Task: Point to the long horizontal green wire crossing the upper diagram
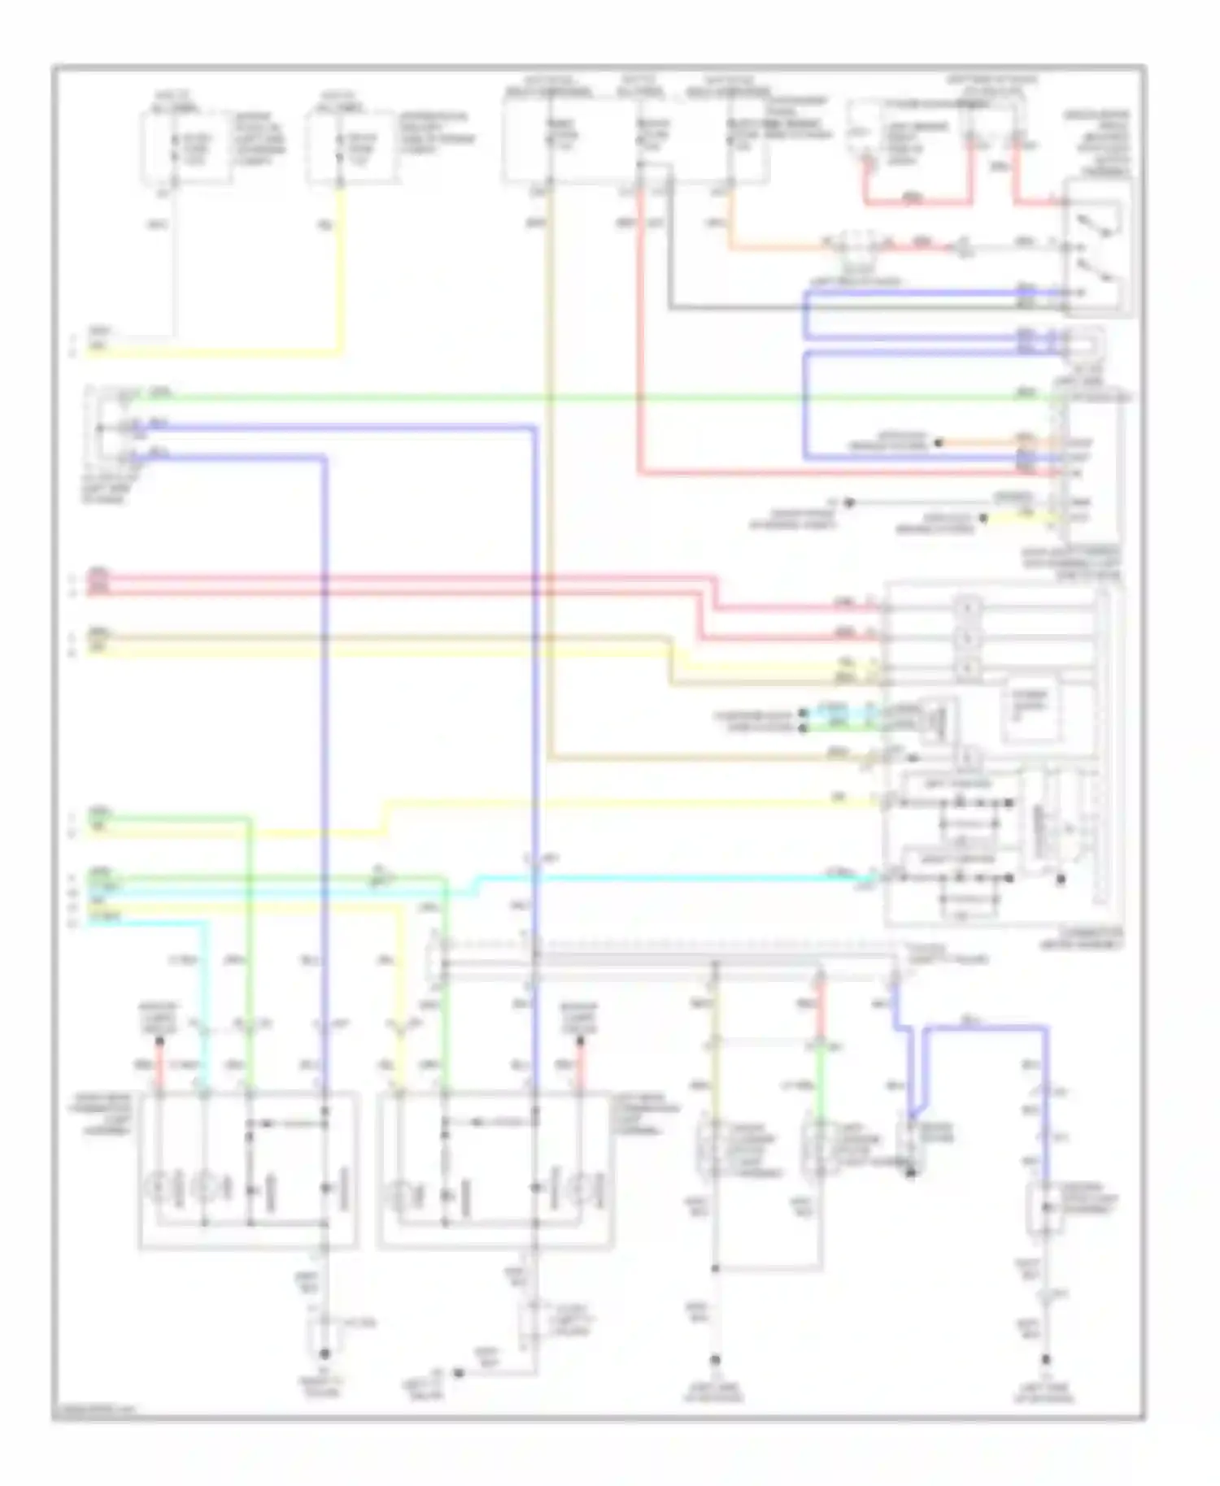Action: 569,397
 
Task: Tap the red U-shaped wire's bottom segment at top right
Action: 917,202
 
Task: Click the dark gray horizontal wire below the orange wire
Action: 813,308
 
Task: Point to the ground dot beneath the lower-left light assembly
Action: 324,1354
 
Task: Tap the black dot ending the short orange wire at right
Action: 938,443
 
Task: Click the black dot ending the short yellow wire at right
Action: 983,517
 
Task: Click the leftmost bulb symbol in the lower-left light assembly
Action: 159,1188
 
